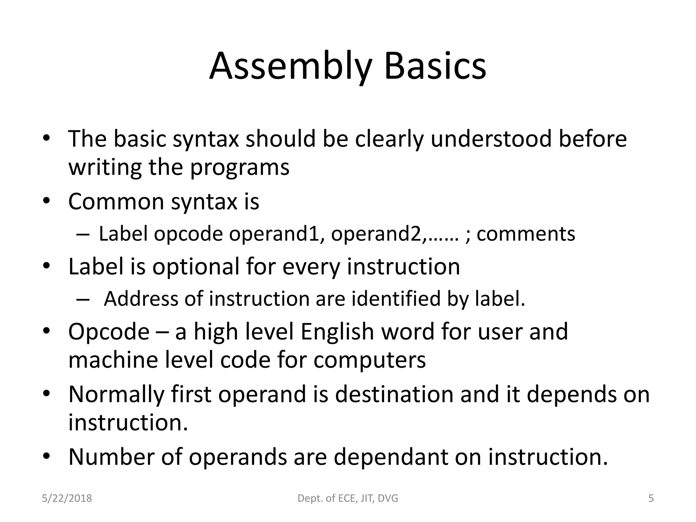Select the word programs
(x=240, y=168)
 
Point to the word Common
(x=116, y=201)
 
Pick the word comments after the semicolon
(x=526, y=234)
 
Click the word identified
(x=396, y=299)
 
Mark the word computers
(x=369, y=360)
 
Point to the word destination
(x=394, y=394)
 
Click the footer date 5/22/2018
(x=67, y=499)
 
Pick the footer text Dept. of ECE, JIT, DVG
(x=348, y=499)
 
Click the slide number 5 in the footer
(x=651, y=499)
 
